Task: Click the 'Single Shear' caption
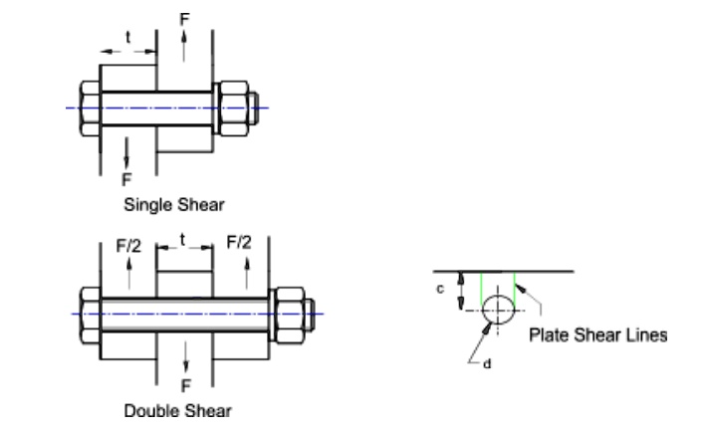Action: tap(173, 206)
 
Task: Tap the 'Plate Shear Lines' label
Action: tap(597, 334)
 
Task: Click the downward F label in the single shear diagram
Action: tap(126, 179)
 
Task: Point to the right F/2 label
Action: tap(238, 242)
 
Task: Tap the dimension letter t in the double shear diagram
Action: tap(185, 240)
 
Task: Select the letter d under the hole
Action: tap(487, 362)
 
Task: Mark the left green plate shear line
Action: tap(481, 291)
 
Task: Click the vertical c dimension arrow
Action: tap(460, 292)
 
